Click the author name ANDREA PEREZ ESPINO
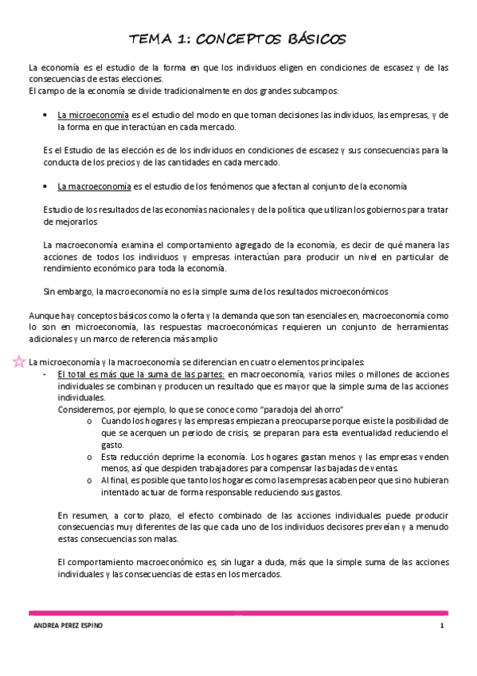(63, 626)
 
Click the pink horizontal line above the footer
(238, 613)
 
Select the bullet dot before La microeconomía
(49, 115)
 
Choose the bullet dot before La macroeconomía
(49, 187)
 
